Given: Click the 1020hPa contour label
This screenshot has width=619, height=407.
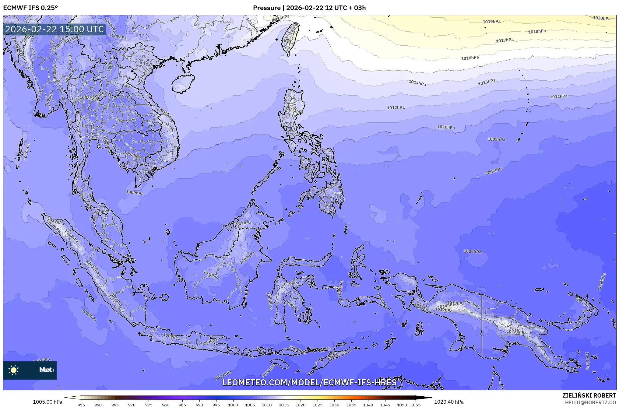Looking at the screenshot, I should point(601,18).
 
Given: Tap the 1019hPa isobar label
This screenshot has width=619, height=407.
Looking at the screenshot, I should point(491,22).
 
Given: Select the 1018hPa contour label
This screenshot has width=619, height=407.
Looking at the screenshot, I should point(537,31).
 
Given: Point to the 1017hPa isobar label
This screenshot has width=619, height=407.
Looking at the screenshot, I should point(505,40).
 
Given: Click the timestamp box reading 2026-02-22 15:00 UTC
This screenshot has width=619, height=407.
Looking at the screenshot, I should point(55,29).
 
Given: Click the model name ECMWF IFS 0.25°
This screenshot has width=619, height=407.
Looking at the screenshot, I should point(30,8).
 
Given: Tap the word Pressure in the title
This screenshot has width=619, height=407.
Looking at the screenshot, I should point(266,8).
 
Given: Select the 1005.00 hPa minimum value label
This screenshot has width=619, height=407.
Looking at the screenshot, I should point(47,402).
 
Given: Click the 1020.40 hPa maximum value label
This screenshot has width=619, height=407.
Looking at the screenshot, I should point(448,402).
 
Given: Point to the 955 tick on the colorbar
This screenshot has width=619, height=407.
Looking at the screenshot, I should point(81,405).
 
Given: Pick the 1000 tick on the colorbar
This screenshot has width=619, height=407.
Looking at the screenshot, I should point(233,405).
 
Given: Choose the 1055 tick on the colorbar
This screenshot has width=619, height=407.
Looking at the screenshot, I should point(416,405).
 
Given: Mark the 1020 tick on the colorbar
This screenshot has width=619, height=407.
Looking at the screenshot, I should point(301,405).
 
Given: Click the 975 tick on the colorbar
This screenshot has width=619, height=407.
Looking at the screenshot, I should point(149,405).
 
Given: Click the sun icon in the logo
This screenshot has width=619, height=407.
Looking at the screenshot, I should point(14,370).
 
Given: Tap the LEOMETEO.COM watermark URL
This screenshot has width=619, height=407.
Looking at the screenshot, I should point(309,383).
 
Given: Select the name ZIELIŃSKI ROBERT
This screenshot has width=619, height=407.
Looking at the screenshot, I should point(589,395).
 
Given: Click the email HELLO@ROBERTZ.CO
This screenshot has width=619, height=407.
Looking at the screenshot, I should point(590,402).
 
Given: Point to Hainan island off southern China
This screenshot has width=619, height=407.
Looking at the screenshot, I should point(183,84).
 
